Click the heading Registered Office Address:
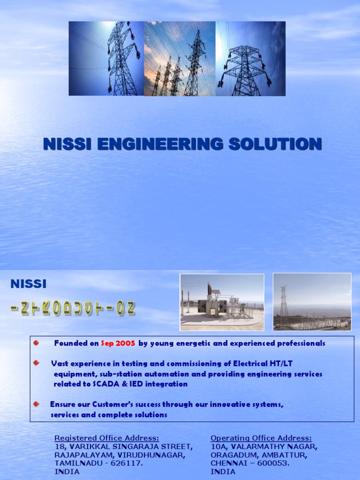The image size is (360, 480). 107,438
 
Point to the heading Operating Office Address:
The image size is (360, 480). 261,438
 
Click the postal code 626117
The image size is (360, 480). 128,463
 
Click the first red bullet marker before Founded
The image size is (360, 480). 36,343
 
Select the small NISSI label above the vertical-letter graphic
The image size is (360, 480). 29,284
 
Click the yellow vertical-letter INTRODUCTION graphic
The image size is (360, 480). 73,308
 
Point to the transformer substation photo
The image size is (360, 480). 222,302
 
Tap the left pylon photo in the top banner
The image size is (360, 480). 106,59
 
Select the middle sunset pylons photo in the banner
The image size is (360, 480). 180,59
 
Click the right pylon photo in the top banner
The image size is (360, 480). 250,59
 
